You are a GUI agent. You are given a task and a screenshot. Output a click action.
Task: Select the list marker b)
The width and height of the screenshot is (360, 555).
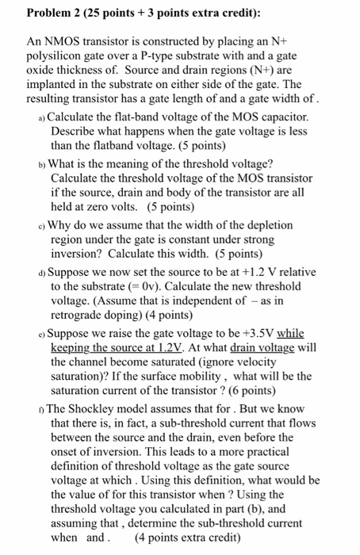click(40, 163)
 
